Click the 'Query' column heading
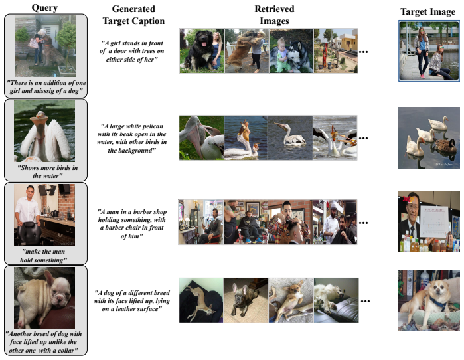click(44, 8)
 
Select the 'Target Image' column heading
click(427, 12)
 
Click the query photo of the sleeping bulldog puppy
click(44, 298)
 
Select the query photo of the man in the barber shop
click(44, 215)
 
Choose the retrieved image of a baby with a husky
click(291, 50)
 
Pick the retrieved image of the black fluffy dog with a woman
click(202, 50)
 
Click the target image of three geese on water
click(429, 137)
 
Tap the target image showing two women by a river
click(429, 50)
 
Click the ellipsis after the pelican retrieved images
click(363, 138)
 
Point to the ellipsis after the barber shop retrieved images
click(363, 223)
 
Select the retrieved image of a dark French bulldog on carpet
click(246, 300)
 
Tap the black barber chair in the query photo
click(29, 232)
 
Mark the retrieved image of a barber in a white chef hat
click(335, 222)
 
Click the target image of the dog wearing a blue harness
click(429, 300)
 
